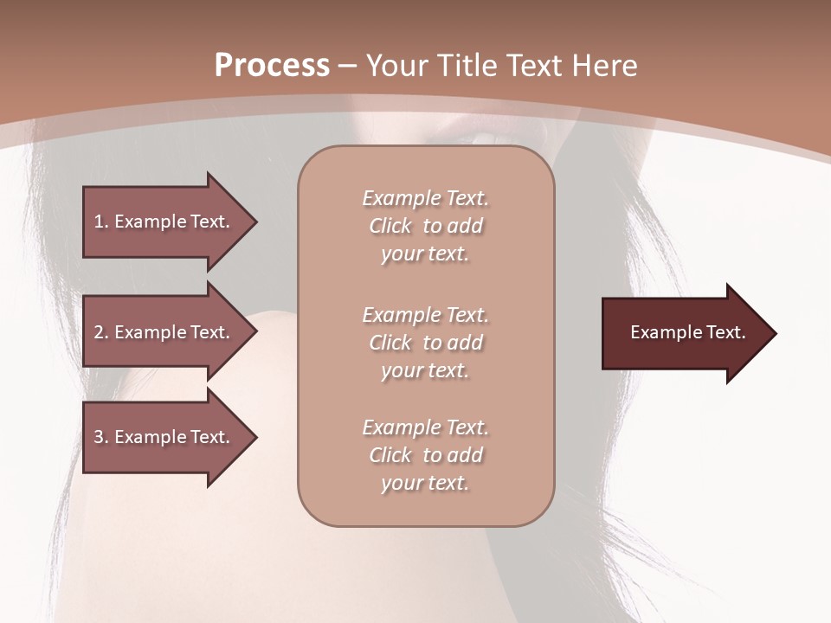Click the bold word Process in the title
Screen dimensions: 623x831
click(x=272, y=66)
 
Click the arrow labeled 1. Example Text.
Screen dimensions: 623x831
click(x=164, y=222)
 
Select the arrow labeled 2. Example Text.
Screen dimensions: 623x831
click(x=164, y=332)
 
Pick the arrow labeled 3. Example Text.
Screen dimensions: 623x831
click(x=164, y=437)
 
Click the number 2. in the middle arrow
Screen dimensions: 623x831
click(x=101, y=332)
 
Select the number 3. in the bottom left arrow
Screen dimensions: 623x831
click(x=101, y=437)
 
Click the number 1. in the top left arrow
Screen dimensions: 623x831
click(x=101, y=222)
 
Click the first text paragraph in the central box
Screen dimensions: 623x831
click(x=425, y=226)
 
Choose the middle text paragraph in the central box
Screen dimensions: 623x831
click(x=425, y=343)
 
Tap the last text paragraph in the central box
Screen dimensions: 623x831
click(x=425, y=455)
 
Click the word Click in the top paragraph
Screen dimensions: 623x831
click(x=390, y=226)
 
